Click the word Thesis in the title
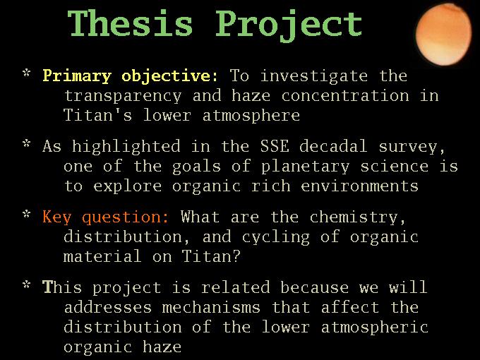(x=130, y=23)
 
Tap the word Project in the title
(x=289, y=25)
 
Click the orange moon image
(x=443, y=35)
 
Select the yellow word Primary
(x=77, y=76)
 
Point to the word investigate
(x=314, y=76)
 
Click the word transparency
(x=123, y=96)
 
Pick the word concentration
(x=345, y=95)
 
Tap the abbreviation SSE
(x=275, y=145)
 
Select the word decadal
(x=333, y=145)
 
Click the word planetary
(x=305, y=167)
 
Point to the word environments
(x=360, y=186)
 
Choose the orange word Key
(x=57, y=217)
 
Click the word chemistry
(x=358, y=217)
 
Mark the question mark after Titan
(x=236, y=256)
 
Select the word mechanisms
(x=211, y=307)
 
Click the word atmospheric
(x=375, y=328)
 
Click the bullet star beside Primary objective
(x=27, y=73)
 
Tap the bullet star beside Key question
(x=27, y=214)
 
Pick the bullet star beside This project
(x=27, y=284)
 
